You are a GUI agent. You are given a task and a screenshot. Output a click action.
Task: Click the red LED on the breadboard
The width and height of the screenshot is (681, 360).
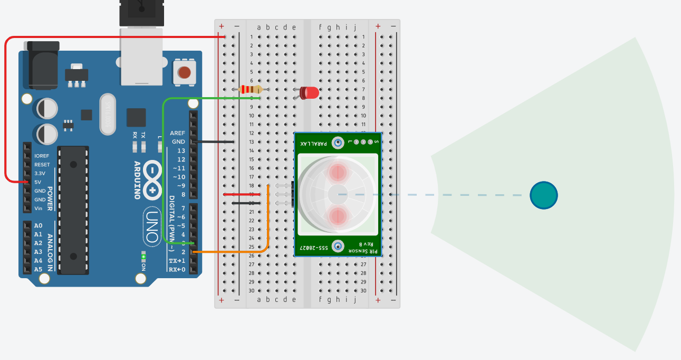click(x=310, y=93)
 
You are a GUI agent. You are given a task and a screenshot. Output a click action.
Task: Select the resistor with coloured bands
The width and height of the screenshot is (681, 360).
click(x=251, y=89)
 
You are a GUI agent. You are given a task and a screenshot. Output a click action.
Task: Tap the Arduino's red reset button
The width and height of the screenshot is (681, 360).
click(x=184, y=72)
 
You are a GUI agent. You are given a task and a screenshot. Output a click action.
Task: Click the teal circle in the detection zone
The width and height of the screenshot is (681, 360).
click(x=543, y=195)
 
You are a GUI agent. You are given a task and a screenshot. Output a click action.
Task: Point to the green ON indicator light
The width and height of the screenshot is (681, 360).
click(x=143, y=257)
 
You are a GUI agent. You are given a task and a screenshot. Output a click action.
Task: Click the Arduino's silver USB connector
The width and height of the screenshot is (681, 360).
click(x=141, y=56)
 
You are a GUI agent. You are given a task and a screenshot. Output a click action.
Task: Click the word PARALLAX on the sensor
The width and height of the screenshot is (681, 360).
click(x=314, y=143)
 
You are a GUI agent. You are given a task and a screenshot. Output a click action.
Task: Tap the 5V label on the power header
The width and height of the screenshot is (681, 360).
click(x=39, y=182)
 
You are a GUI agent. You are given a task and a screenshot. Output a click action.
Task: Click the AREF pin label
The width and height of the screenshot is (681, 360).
click(x=177, y=133)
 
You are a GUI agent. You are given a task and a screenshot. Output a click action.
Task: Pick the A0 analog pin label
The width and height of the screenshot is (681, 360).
click(x=38, y=226)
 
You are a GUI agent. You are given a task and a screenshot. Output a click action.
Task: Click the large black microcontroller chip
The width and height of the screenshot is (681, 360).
click(x=73, y=210)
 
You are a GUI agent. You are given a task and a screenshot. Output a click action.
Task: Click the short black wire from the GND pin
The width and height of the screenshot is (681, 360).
click(x=214, y=141)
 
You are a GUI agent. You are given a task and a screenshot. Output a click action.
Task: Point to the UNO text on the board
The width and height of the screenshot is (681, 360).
click(x=152, y=225)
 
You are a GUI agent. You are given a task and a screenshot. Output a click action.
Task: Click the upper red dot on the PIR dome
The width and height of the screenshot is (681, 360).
click(x=338, y=172)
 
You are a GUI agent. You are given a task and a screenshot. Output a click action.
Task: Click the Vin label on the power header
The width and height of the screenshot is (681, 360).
click(x=39, y=208)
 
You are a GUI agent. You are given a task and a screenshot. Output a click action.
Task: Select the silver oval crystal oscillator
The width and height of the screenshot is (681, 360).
click(x=108, y=114)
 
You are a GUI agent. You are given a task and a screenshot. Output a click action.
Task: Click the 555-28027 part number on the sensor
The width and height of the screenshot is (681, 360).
click(x=314, y=248)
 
